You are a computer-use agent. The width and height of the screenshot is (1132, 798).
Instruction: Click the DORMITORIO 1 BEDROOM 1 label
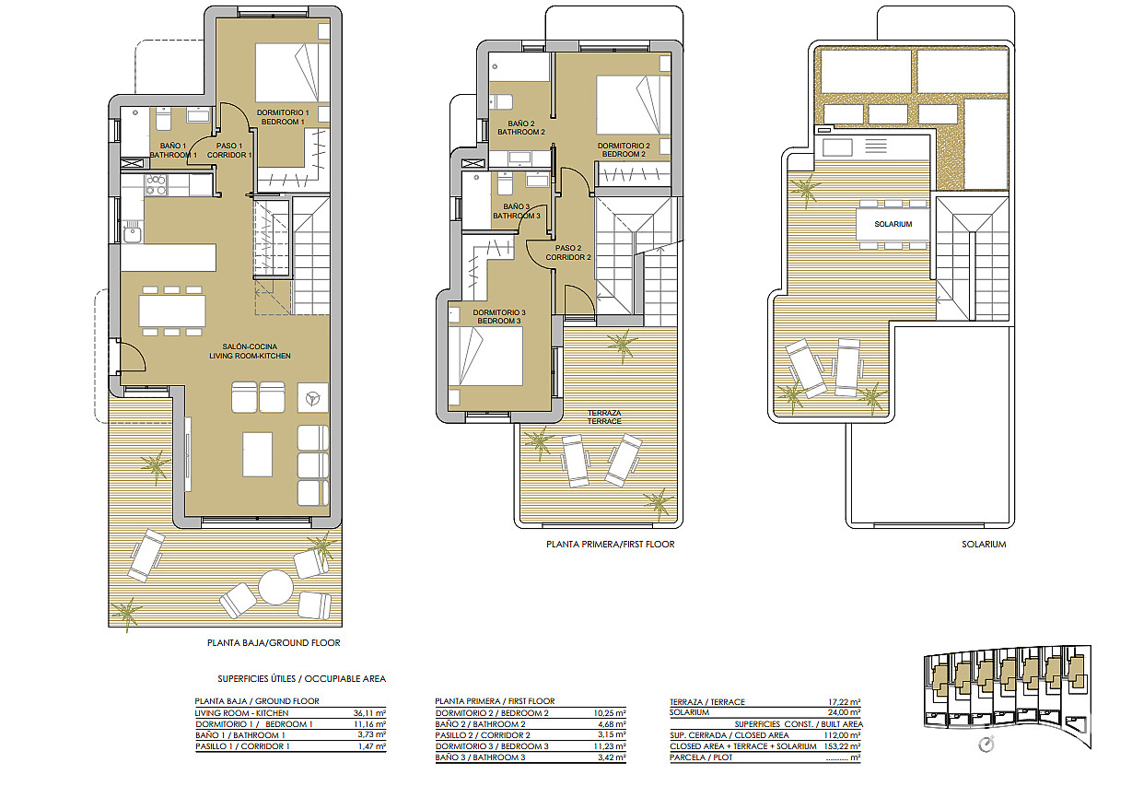[x=283, y=117]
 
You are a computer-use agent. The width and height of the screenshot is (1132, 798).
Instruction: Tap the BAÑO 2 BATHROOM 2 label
[x=521, y=127]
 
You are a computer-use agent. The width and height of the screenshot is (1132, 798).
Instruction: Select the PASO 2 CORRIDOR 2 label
[x=568, y=252]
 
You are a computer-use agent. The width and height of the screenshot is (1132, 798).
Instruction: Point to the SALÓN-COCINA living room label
[x=250, y=351]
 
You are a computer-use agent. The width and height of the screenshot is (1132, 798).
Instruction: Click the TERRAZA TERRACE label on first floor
[x=604, y=417]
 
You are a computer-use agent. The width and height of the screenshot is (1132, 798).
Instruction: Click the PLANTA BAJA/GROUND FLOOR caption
[x=274, y=643]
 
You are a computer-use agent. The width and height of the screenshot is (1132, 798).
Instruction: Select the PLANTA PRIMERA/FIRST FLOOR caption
[x=610, y=545]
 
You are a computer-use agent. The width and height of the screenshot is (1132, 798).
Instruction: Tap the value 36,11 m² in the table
[x=369, y=713]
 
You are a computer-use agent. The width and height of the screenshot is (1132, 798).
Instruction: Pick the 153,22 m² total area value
[x=844, y=746]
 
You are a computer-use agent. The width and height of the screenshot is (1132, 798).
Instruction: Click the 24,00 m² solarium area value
[x=845, y=712]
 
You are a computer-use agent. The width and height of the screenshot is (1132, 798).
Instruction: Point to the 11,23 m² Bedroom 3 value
[x=610, y=746]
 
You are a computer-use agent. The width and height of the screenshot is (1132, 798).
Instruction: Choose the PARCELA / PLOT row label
[x=701, y=757]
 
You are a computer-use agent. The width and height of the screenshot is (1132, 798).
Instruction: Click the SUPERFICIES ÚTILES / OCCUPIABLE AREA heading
[x=302, y=678]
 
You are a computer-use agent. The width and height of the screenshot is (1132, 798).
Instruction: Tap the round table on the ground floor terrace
[x=275, y=587]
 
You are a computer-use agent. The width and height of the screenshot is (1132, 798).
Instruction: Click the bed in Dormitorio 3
[x=485, y=357]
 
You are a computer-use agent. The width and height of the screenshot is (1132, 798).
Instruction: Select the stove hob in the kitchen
[x=156, y=184]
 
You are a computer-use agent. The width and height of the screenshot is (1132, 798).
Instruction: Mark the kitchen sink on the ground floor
[x=133, y=235]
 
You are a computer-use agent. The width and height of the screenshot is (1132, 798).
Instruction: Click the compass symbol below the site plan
[x=986, y=745]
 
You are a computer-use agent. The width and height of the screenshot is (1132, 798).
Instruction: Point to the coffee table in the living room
[x=257, y=454]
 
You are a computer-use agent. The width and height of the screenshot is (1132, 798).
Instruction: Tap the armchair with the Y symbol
[x=313, y=398]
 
